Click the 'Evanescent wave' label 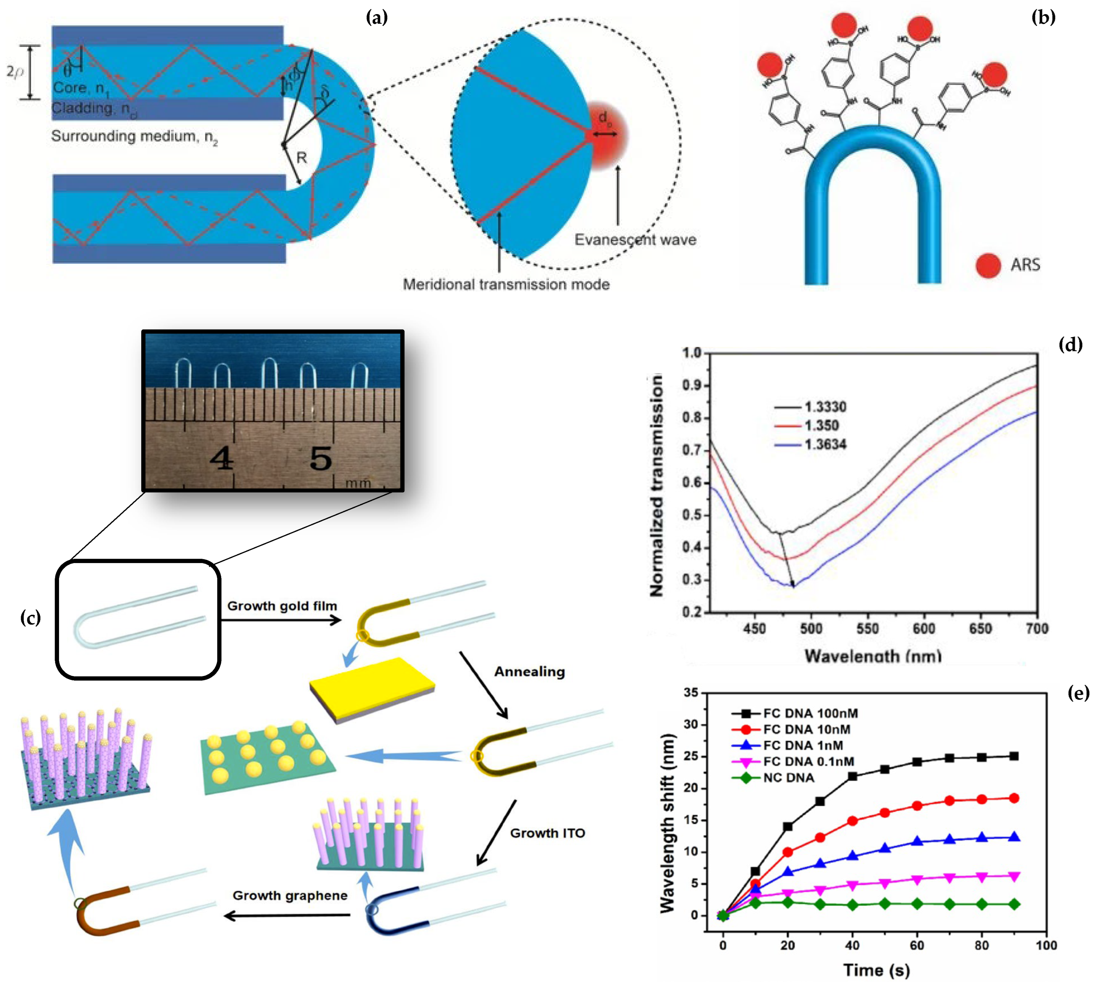coord(635,239)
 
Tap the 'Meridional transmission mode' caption coord(506,284)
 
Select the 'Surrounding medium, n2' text coord(134,136)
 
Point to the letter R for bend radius coord(302,158)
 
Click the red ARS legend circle coord(988,265)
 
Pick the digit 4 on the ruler coord(222,459)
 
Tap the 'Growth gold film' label coord(282,606)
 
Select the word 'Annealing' coord(529,671)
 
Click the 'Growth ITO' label coord(547,833)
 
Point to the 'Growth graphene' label coord(290,895)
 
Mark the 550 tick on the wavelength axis coord(867,628)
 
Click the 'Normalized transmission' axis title coord(656,486)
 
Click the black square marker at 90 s coord(1014,756)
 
